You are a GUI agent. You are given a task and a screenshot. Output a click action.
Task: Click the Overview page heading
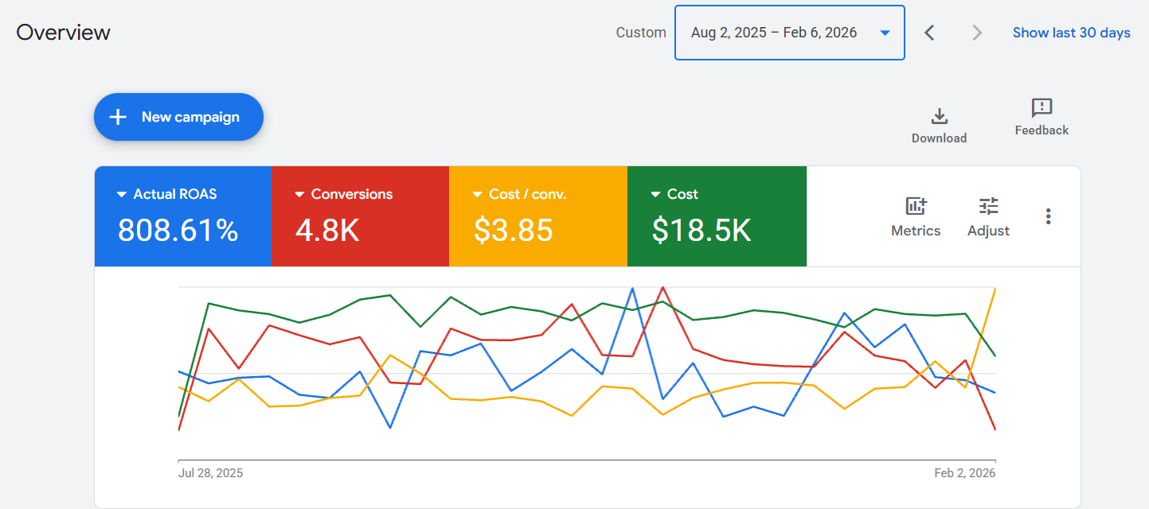pyautogui.click(x=63, y=33)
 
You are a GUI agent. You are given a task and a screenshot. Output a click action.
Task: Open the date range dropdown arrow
pyautogui.click(x=885, y=33)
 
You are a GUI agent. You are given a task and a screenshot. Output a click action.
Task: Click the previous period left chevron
pyautogui.click(x=929, y=33)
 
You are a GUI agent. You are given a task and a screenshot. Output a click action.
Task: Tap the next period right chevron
pyautogui.click(x=977, y=33)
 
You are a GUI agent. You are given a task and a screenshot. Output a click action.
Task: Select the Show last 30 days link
pyautogui.click(x=1071, y=33)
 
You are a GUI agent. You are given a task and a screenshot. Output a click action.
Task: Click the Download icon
pyautogui.click(x=940, y=116)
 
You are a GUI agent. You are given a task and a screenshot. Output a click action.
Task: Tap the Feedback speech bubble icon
pyautogui.click(x=1042, y=107)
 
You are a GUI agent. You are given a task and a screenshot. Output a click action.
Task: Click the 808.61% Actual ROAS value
pyautogui.click(x=178, y=230)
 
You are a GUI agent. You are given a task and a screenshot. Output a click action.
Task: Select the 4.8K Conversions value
pyautogui.click(x=327, y=230)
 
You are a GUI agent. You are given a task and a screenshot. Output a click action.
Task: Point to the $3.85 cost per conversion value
pyautogui.click(x=514, y=230)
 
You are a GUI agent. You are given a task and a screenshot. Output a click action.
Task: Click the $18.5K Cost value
pyautogui.click(x=702, y=230)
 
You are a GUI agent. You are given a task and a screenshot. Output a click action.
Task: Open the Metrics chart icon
pyautogui.click(x=916, y=206)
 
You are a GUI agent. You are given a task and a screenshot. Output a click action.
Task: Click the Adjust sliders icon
pyautogui.click(x=988, y=206)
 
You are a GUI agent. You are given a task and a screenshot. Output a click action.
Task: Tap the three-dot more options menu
pyautogui.click(x=1049, y=216)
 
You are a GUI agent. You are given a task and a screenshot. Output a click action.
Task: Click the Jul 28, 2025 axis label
pyautogui.click(x=210, y=473)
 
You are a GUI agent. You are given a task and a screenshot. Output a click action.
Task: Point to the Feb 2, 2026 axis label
pyautogui.click(x=964, y=473)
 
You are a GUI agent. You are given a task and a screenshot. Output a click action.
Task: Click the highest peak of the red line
pyautogui.click(x=663, y=288)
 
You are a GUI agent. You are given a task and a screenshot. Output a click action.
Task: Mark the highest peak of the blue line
pyautogui.click(x=632, y=289)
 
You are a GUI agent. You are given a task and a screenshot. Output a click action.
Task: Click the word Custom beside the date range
pyautogui.click(x=641, y=33)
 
